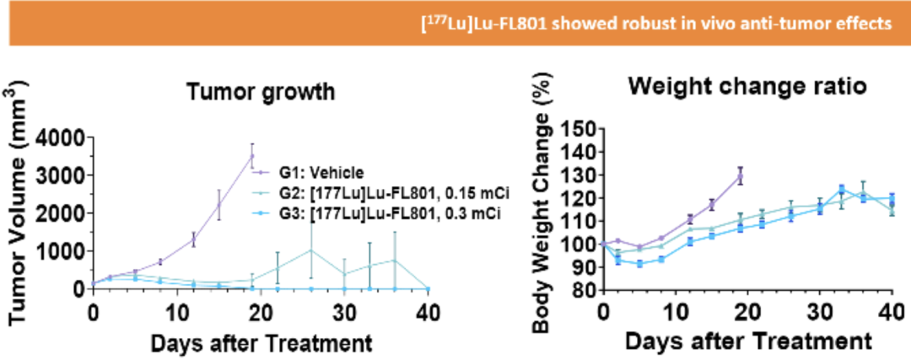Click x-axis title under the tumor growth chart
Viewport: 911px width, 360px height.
(x=261, y=343)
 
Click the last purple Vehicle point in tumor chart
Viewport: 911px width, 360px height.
(x=251, y=156)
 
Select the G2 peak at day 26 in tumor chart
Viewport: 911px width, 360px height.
(x=311, y=250)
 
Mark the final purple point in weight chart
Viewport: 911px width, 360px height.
(x=741, y=175)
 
